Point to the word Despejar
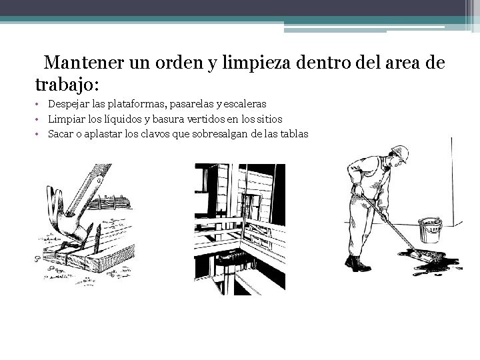[x=68, y=104]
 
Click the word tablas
[x=294, y=134]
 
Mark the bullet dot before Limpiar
[x=40, y=119]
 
